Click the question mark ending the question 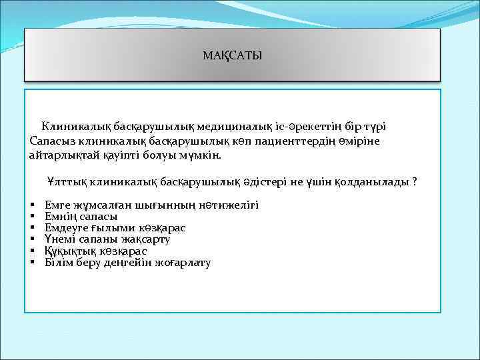(415, 181)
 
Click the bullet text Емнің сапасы (81, 217)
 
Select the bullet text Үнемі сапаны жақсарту (107, 239)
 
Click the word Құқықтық (71, 251)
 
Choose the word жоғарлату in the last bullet (183, 263)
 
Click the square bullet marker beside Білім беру (33, 263)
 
